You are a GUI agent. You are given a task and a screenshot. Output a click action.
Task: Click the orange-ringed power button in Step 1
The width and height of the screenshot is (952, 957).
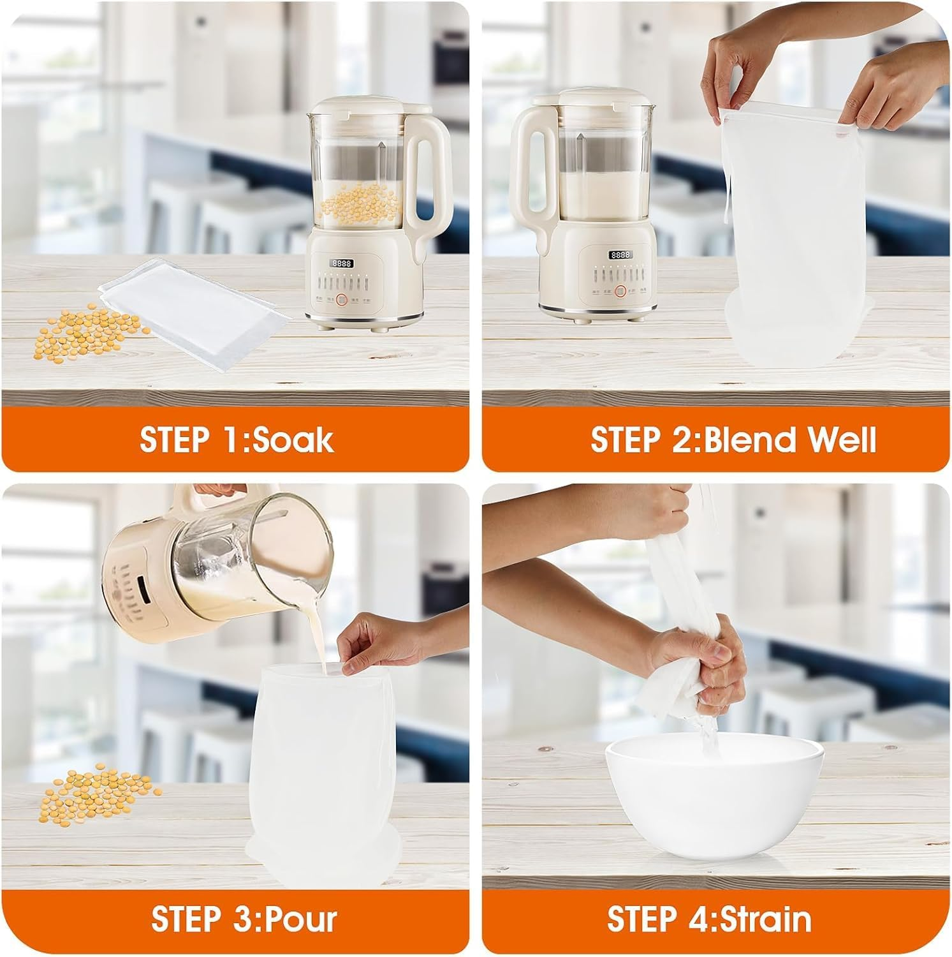click(x=342, y=299)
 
